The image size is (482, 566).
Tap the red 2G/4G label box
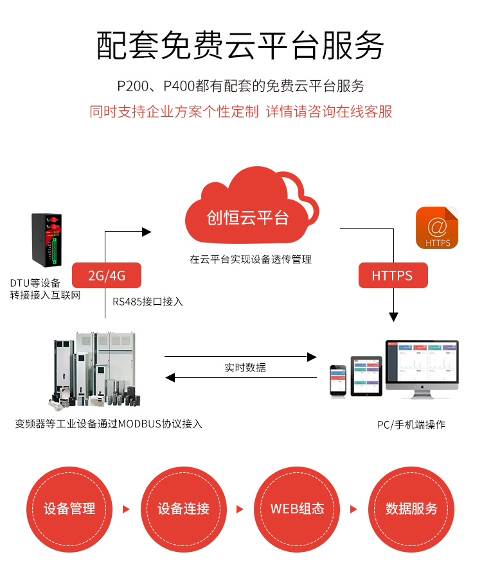(107, 276)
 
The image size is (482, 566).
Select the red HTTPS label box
(392, 276)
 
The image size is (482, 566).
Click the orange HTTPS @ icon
(437, 228)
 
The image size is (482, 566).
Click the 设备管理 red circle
(69, 509)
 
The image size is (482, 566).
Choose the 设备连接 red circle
(183, 509)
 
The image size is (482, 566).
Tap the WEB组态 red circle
(298, 509)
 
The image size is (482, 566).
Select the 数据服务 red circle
(411, 509)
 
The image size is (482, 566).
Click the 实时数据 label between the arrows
(245, 368)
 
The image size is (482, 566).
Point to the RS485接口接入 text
(148, 301)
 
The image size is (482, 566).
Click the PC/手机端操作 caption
(411, 424)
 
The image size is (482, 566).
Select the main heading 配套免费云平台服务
(240, 46)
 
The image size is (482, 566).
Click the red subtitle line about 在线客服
(240, 111)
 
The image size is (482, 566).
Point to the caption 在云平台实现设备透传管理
(251, 259)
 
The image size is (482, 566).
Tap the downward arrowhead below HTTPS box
(393, 317)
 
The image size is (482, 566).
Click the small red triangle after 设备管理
(126, 510)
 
